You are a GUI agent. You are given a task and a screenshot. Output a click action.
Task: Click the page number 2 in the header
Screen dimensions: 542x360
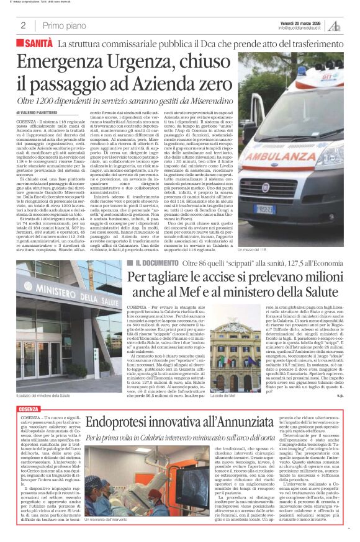[22, 25]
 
